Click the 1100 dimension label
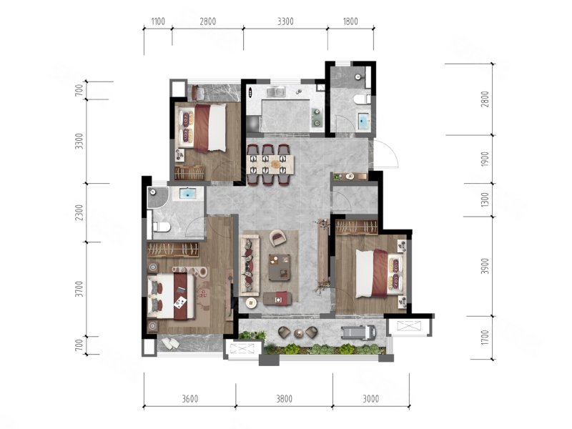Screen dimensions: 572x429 coord(158,21)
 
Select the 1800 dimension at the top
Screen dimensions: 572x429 coord(350,21)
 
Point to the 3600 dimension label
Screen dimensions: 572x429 coord(190,399)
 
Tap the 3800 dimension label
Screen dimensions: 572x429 coord(284,399)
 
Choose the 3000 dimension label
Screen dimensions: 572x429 coord(371,399)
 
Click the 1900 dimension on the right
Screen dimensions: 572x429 coord(485,159)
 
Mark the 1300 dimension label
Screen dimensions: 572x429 coord(485,200)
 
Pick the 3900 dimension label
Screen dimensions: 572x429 coord(485,266)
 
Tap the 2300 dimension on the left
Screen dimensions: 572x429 coord(79,212)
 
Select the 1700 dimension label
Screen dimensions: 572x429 coord(485,337)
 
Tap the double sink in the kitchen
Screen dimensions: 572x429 coord(275,92)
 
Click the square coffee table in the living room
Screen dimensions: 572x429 coord(280,267)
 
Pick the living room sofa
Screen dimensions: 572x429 coord(250,265)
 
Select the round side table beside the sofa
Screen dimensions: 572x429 coord(251,302)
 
